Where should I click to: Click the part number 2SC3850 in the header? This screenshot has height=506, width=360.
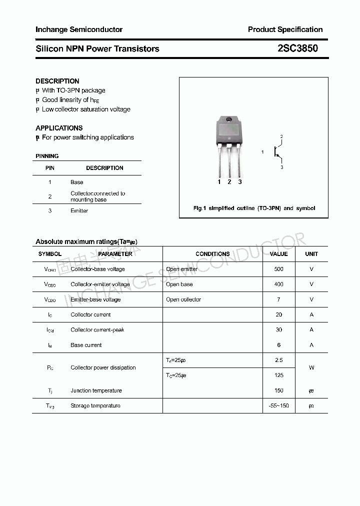point(297,48)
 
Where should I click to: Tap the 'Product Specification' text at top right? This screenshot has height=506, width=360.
point(285,29)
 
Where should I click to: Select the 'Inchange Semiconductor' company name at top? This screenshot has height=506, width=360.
point(79,29)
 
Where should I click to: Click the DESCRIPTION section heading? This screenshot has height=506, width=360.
point(57,81)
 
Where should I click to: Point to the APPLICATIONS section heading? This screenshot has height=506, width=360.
point(59,128)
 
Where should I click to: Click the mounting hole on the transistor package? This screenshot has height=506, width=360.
point(229,119)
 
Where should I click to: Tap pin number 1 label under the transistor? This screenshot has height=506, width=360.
point(219,182)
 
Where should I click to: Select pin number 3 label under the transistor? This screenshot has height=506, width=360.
point(240,182)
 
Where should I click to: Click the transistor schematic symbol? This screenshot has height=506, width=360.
point(276,152)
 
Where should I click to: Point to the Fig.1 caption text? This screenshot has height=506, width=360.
point(254,208)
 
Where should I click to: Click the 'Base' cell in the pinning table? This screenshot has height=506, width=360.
point(77,182)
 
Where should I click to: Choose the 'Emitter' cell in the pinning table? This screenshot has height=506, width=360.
point(79,211)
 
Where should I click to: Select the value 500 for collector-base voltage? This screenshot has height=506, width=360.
point(278,269)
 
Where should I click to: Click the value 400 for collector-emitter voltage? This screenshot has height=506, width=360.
point(278,284)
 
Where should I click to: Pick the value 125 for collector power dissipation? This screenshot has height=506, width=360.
point(278,375)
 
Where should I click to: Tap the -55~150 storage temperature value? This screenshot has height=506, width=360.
point(278,405)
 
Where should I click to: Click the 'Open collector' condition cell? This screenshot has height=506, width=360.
point(183,299)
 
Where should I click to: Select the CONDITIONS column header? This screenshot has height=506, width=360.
point(212,254)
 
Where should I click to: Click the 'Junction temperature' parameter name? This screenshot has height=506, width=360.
point(96,390)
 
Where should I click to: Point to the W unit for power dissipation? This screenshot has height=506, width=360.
point(311,367)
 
